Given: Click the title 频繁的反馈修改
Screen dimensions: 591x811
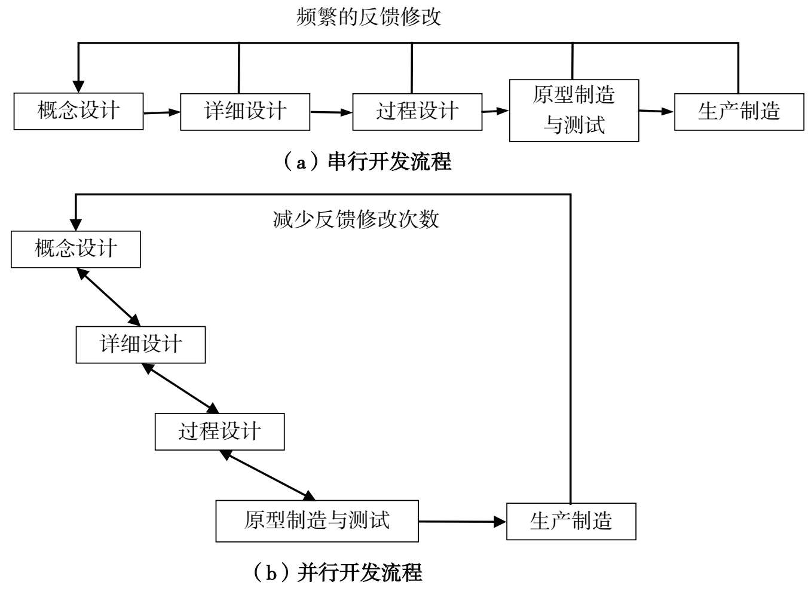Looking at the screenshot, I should (369, 17).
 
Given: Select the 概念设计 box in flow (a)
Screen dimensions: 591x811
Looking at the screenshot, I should (78, 111).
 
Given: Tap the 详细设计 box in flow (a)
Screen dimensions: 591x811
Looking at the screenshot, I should (245, 112).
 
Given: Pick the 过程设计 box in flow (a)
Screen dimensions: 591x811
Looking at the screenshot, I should (417, 112).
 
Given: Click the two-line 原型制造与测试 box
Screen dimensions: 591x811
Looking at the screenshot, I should (574, 111).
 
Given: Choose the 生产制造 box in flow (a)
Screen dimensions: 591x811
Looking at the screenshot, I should (739, 112).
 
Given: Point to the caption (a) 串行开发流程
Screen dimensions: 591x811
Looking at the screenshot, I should (368, 161).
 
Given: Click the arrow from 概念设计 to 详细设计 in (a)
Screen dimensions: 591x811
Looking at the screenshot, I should (161, 112).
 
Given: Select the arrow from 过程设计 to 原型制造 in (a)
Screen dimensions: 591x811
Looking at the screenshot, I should (495, 111).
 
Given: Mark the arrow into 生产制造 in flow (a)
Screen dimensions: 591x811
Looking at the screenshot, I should (656, 111).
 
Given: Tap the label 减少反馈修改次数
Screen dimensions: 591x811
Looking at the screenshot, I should (356, 219).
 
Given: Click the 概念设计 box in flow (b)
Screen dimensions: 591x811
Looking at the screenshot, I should (76, 249).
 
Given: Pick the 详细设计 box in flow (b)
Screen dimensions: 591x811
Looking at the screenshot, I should (140, 345).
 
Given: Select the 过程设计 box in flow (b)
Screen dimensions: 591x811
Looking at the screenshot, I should (219, 431).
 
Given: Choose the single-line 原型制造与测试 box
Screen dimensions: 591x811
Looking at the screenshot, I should (317, 521).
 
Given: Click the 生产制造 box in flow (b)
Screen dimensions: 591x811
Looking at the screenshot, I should (571, 522).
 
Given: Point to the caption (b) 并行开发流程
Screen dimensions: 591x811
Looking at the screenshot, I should (338, 572).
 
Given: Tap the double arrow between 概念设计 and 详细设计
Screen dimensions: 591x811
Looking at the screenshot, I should (108, 297).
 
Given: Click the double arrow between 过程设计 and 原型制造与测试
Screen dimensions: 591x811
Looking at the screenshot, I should (267, 475).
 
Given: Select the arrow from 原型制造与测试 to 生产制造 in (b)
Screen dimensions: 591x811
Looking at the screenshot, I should (462, 522).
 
